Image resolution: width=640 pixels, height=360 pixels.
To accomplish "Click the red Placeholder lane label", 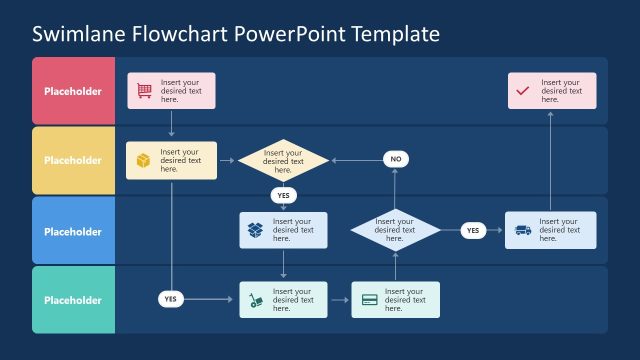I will (x=73, y=91).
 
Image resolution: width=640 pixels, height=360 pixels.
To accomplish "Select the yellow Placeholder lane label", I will (x=73, y=160).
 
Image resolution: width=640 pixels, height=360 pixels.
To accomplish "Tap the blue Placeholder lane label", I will (x=73, y=230).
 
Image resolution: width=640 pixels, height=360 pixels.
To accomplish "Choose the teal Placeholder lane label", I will (x=73, y=299).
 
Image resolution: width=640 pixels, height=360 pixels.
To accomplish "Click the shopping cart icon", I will (x=144, y=91).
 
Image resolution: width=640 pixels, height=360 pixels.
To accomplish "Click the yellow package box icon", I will (x=143, y=160).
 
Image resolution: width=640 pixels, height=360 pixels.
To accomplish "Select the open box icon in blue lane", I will (x=256, y=230).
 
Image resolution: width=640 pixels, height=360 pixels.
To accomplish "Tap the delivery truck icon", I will (x=523, y=230).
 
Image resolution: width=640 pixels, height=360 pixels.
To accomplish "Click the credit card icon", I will (x=369, y=299).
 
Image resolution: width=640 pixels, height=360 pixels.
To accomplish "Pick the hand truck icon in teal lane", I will (x=256, y=299).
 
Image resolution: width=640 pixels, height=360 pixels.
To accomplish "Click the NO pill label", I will (x=395, y=159).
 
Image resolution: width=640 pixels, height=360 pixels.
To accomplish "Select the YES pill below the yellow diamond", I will (x=283, y=195).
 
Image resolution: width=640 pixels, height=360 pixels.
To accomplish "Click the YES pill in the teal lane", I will (x=171, y=298).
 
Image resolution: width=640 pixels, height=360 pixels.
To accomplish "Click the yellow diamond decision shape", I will (x=283, y=160).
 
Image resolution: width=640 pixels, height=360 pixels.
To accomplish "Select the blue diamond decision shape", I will (x=395, y=230).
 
